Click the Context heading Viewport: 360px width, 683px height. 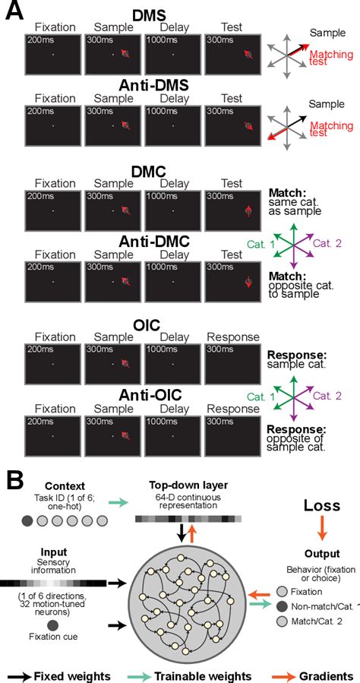pos(65,485)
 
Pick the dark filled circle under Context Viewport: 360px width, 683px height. pos(27,521)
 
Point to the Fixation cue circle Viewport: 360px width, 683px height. pos(52,625)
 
